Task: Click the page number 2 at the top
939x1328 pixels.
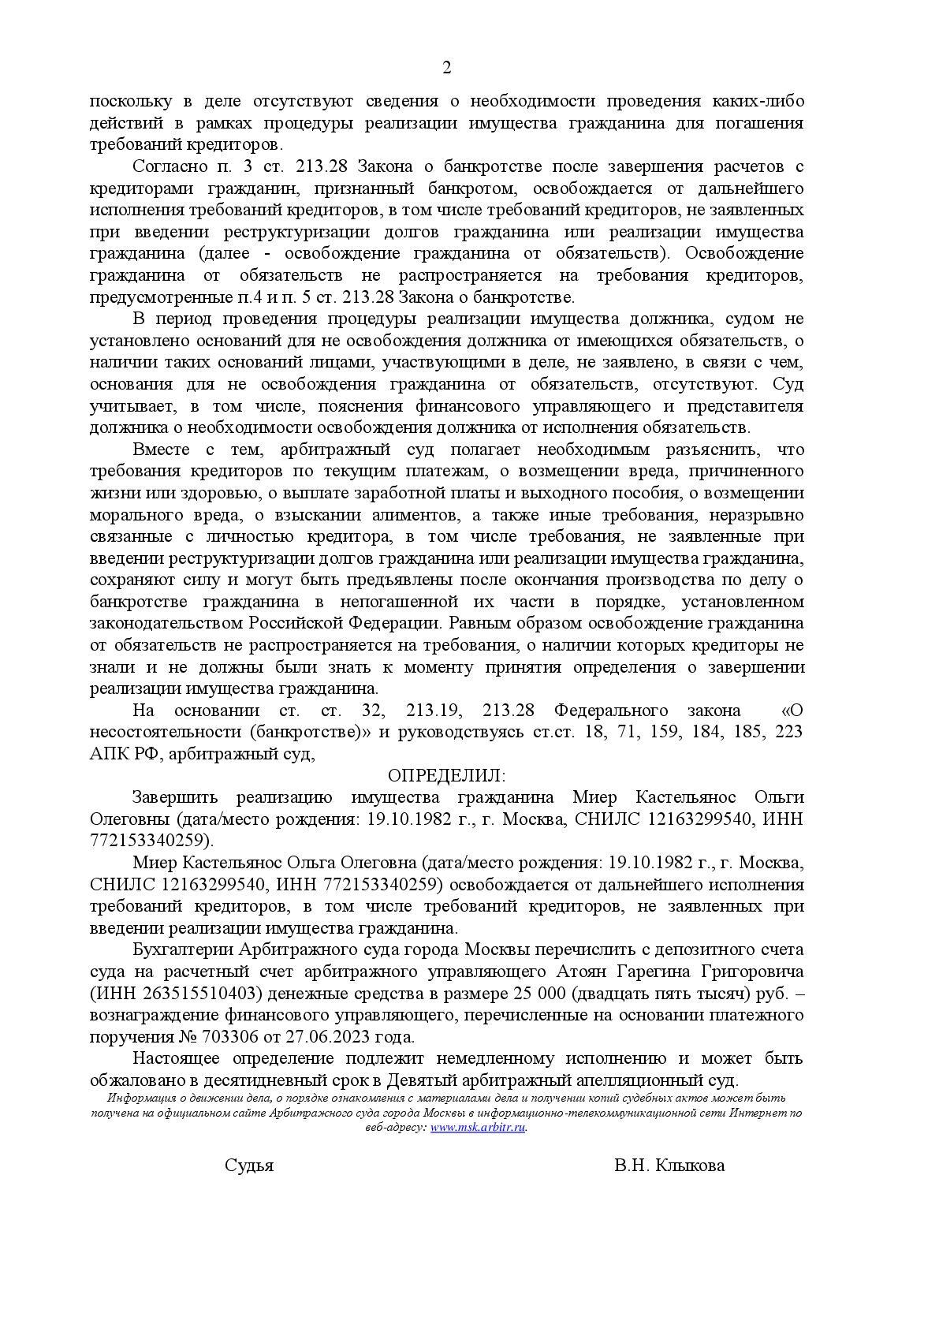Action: pyautogui.click(x=447, y=68)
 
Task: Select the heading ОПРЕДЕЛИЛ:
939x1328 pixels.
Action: pyautogui.click(x=447, y=774)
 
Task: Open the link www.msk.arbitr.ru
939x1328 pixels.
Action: pyautogui.click(x=478, y=1127)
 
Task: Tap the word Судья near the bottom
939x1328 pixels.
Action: pyautogui.click(x=249, y=1165)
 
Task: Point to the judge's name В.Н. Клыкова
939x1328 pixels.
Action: pyautogui.click(x=669, y=1165)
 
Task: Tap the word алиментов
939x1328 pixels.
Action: pyautogui.click(x=413, y=515)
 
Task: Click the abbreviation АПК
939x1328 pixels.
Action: pyautogui.click(x=109, y=753)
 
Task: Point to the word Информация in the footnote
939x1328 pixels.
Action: pyautogui.click(x=147, y=1099)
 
